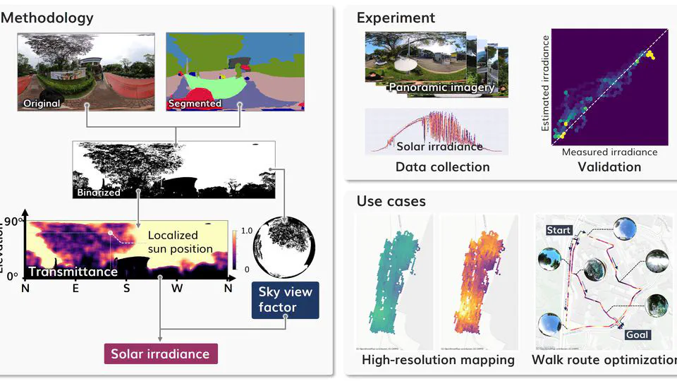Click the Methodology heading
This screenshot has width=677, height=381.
click(47, 18)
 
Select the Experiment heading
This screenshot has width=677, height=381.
click(396, 18)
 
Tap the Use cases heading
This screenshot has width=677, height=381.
click(391, 202)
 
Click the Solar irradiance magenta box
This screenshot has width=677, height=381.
click(161, 353)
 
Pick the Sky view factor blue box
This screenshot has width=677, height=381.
click(286, 300)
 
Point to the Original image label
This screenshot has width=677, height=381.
click(40, 104)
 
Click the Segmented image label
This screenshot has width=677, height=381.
click(195, 104)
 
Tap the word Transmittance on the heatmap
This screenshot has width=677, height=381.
click(72, 271)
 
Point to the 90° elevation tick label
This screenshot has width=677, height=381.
click(13, 222)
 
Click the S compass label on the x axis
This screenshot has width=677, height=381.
click(126, 288)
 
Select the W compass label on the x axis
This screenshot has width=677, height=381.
click(177, 288)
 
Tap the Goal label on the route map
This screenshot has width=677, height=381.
click(637, 335)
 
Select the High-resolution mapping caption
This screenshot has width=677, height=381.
click(438, 360)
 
